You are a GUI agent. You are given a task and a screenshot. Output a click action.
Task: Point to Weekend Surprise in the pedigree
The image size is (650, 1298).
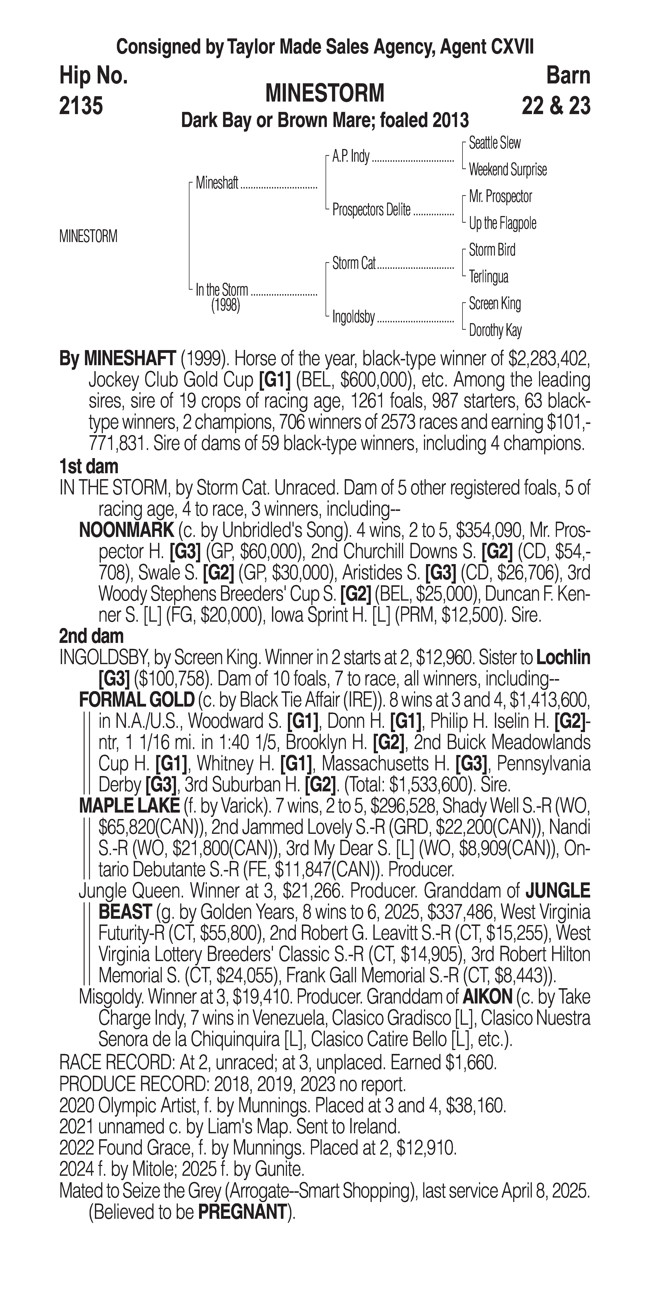(507, 170)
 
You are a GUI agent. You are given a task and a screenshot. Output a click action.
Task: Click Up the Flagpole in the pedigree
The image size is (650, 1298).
(502, 223)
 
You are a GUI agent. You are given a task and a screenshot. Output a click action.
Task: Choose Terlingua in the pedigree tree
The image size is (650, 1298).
(488, 277)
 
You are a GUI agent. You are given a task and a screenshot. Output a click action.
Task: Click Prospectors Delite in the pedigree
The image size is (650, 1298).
(371, 210)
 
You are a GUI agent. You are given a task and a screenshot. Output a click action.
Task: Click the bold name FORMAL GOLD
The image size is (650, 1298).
(136, 699)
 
